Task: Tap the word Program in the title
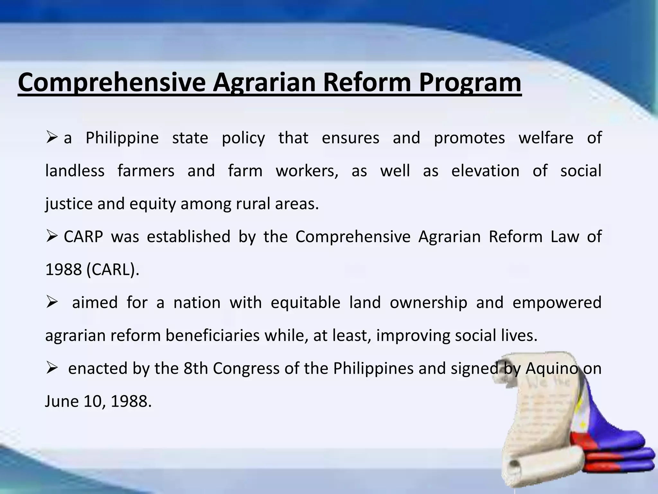tap(470, 83)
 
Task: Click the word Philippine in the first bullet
tap(122, 138)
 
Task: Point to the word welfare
tap(546, 138)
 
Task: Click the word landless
tap(75, 171)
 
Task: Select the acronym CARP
tap(83, 237)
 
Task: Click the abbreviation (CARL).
tap(113, 270)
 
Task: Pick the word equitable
tap(305, 303)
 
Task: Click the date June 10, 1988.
tap(98, 401)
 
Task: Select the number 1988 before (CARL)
tap(64, 270)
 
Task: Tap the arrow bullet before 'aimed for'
tap(52, 303)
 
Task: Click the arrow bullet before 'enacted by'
tap(52, 369)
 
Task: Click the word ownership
tap(428, 303)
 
